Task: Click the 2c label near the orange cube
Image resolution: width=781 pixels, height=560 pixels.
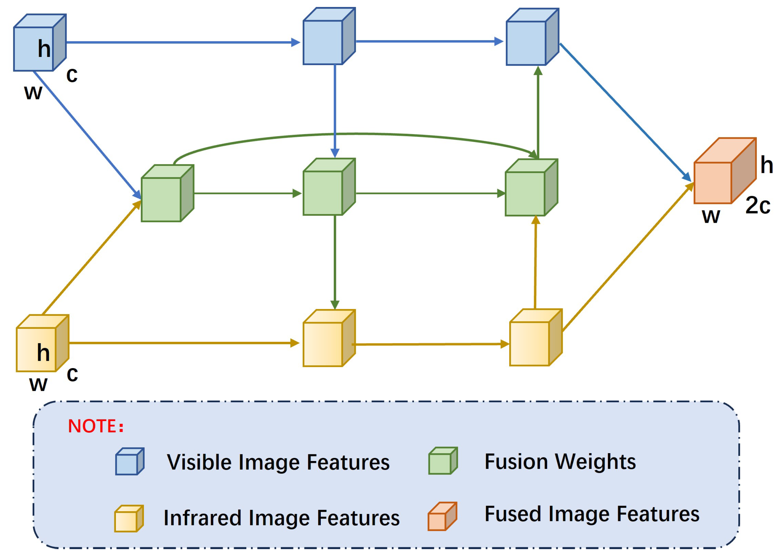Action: click(758, 206)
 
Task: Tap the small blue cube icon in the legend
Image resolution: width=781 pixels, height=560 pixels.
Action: click(130, 462)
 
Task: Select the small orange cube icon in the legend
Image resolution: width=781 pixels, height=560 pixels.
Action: click(442, 517)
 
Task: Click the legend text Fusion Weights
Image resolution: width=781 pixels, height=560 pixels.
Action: click(560, 462)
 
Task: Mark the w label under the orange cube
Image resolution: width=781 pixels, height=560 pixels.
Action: click(711, 216)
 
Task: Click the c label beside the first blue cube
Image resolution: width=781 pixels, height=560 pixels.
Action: click(72, 75)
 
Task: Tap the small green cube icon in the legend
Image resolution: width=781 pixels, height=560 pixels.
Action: click(442, 461)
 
